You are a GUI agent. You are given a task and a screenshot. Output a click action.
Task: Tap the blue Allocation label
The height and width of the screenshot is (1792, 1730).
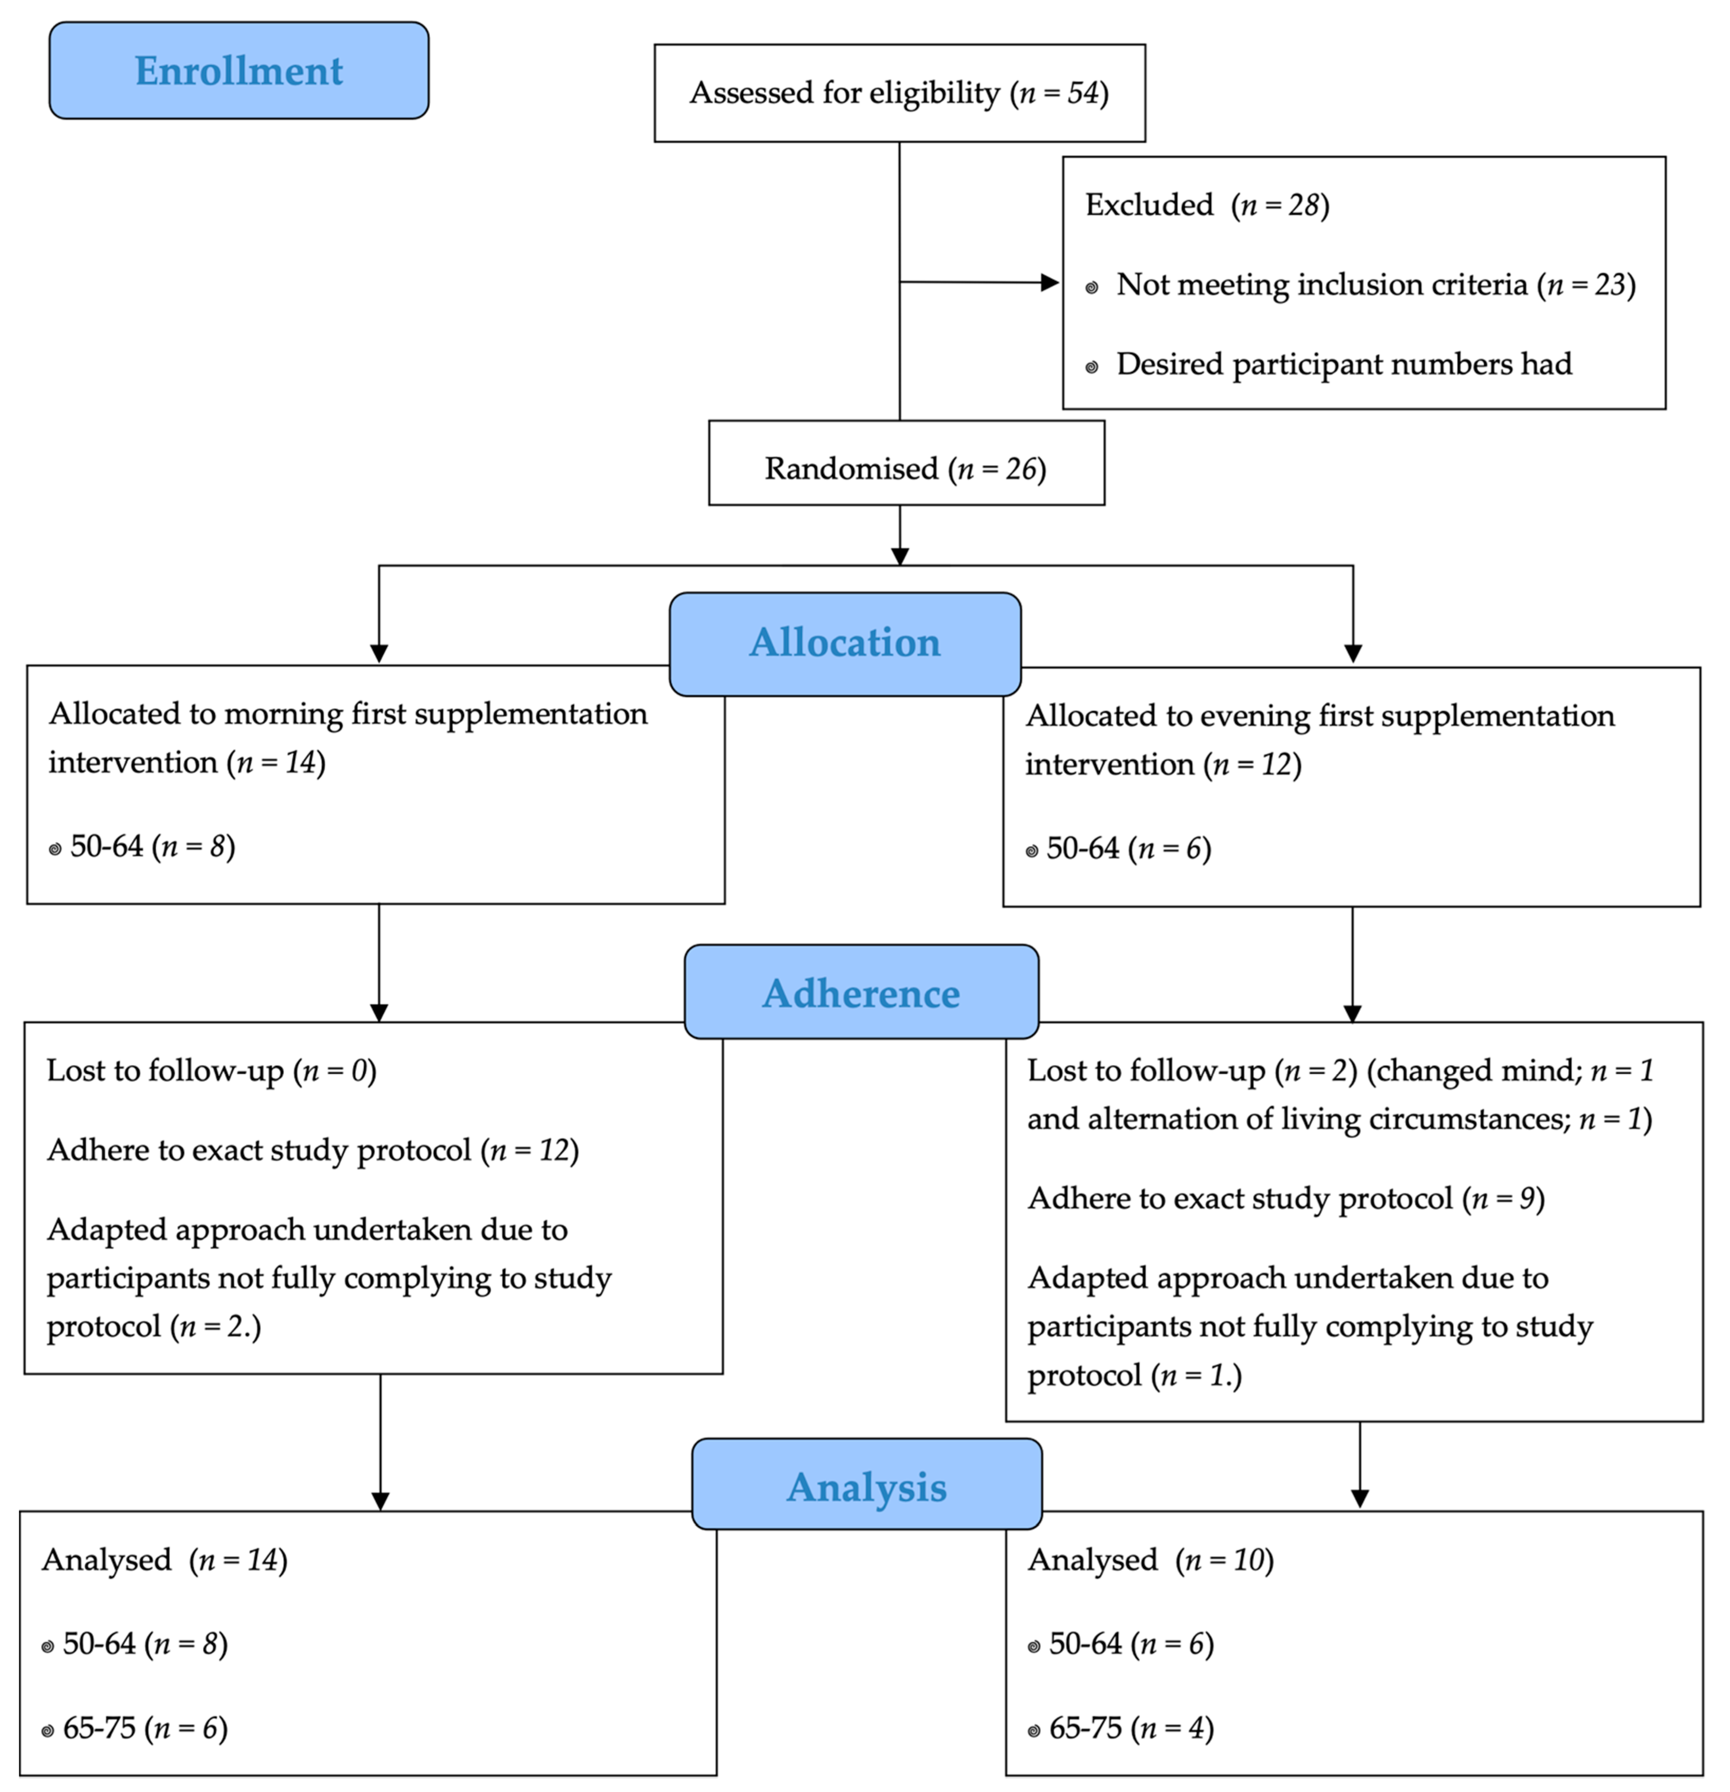[845, 643]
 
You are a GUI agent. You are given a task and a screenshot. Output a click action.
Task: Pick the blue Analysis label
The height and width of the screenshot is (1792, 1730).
[867, 1488]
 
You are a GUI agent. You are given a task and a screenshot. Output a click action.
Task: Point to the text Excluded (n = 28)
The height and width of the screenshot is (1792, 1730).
[1207, 205]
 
